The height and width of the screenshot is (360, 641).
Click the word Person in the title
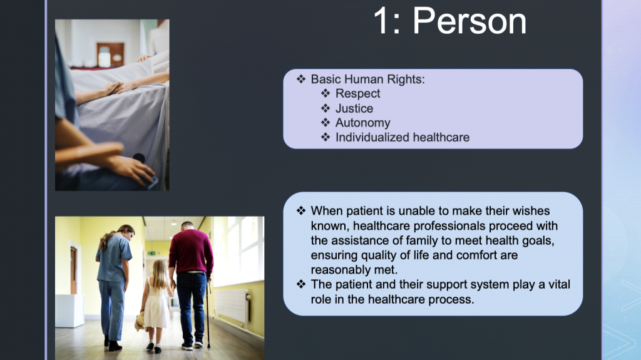(469, 21)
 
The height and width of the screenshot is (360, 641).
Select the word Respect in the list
(357, 94)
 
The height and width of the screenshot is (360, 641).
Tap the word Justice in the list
(354, 108)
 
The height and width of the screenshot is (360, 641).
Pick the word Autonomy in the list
(362, 123)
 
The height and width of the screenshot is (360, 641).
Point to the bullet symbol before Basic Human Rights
(301, 79)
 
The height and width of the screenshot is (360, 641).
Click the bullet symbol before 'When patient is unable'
(301, 211)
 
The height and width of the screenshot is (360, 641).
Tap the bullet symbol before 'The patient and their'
(301, 284)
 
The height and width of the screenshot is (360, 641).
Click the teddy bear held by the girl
(140, 322)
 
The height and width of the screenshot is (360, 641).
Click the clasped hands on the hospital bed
(114, 88)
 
